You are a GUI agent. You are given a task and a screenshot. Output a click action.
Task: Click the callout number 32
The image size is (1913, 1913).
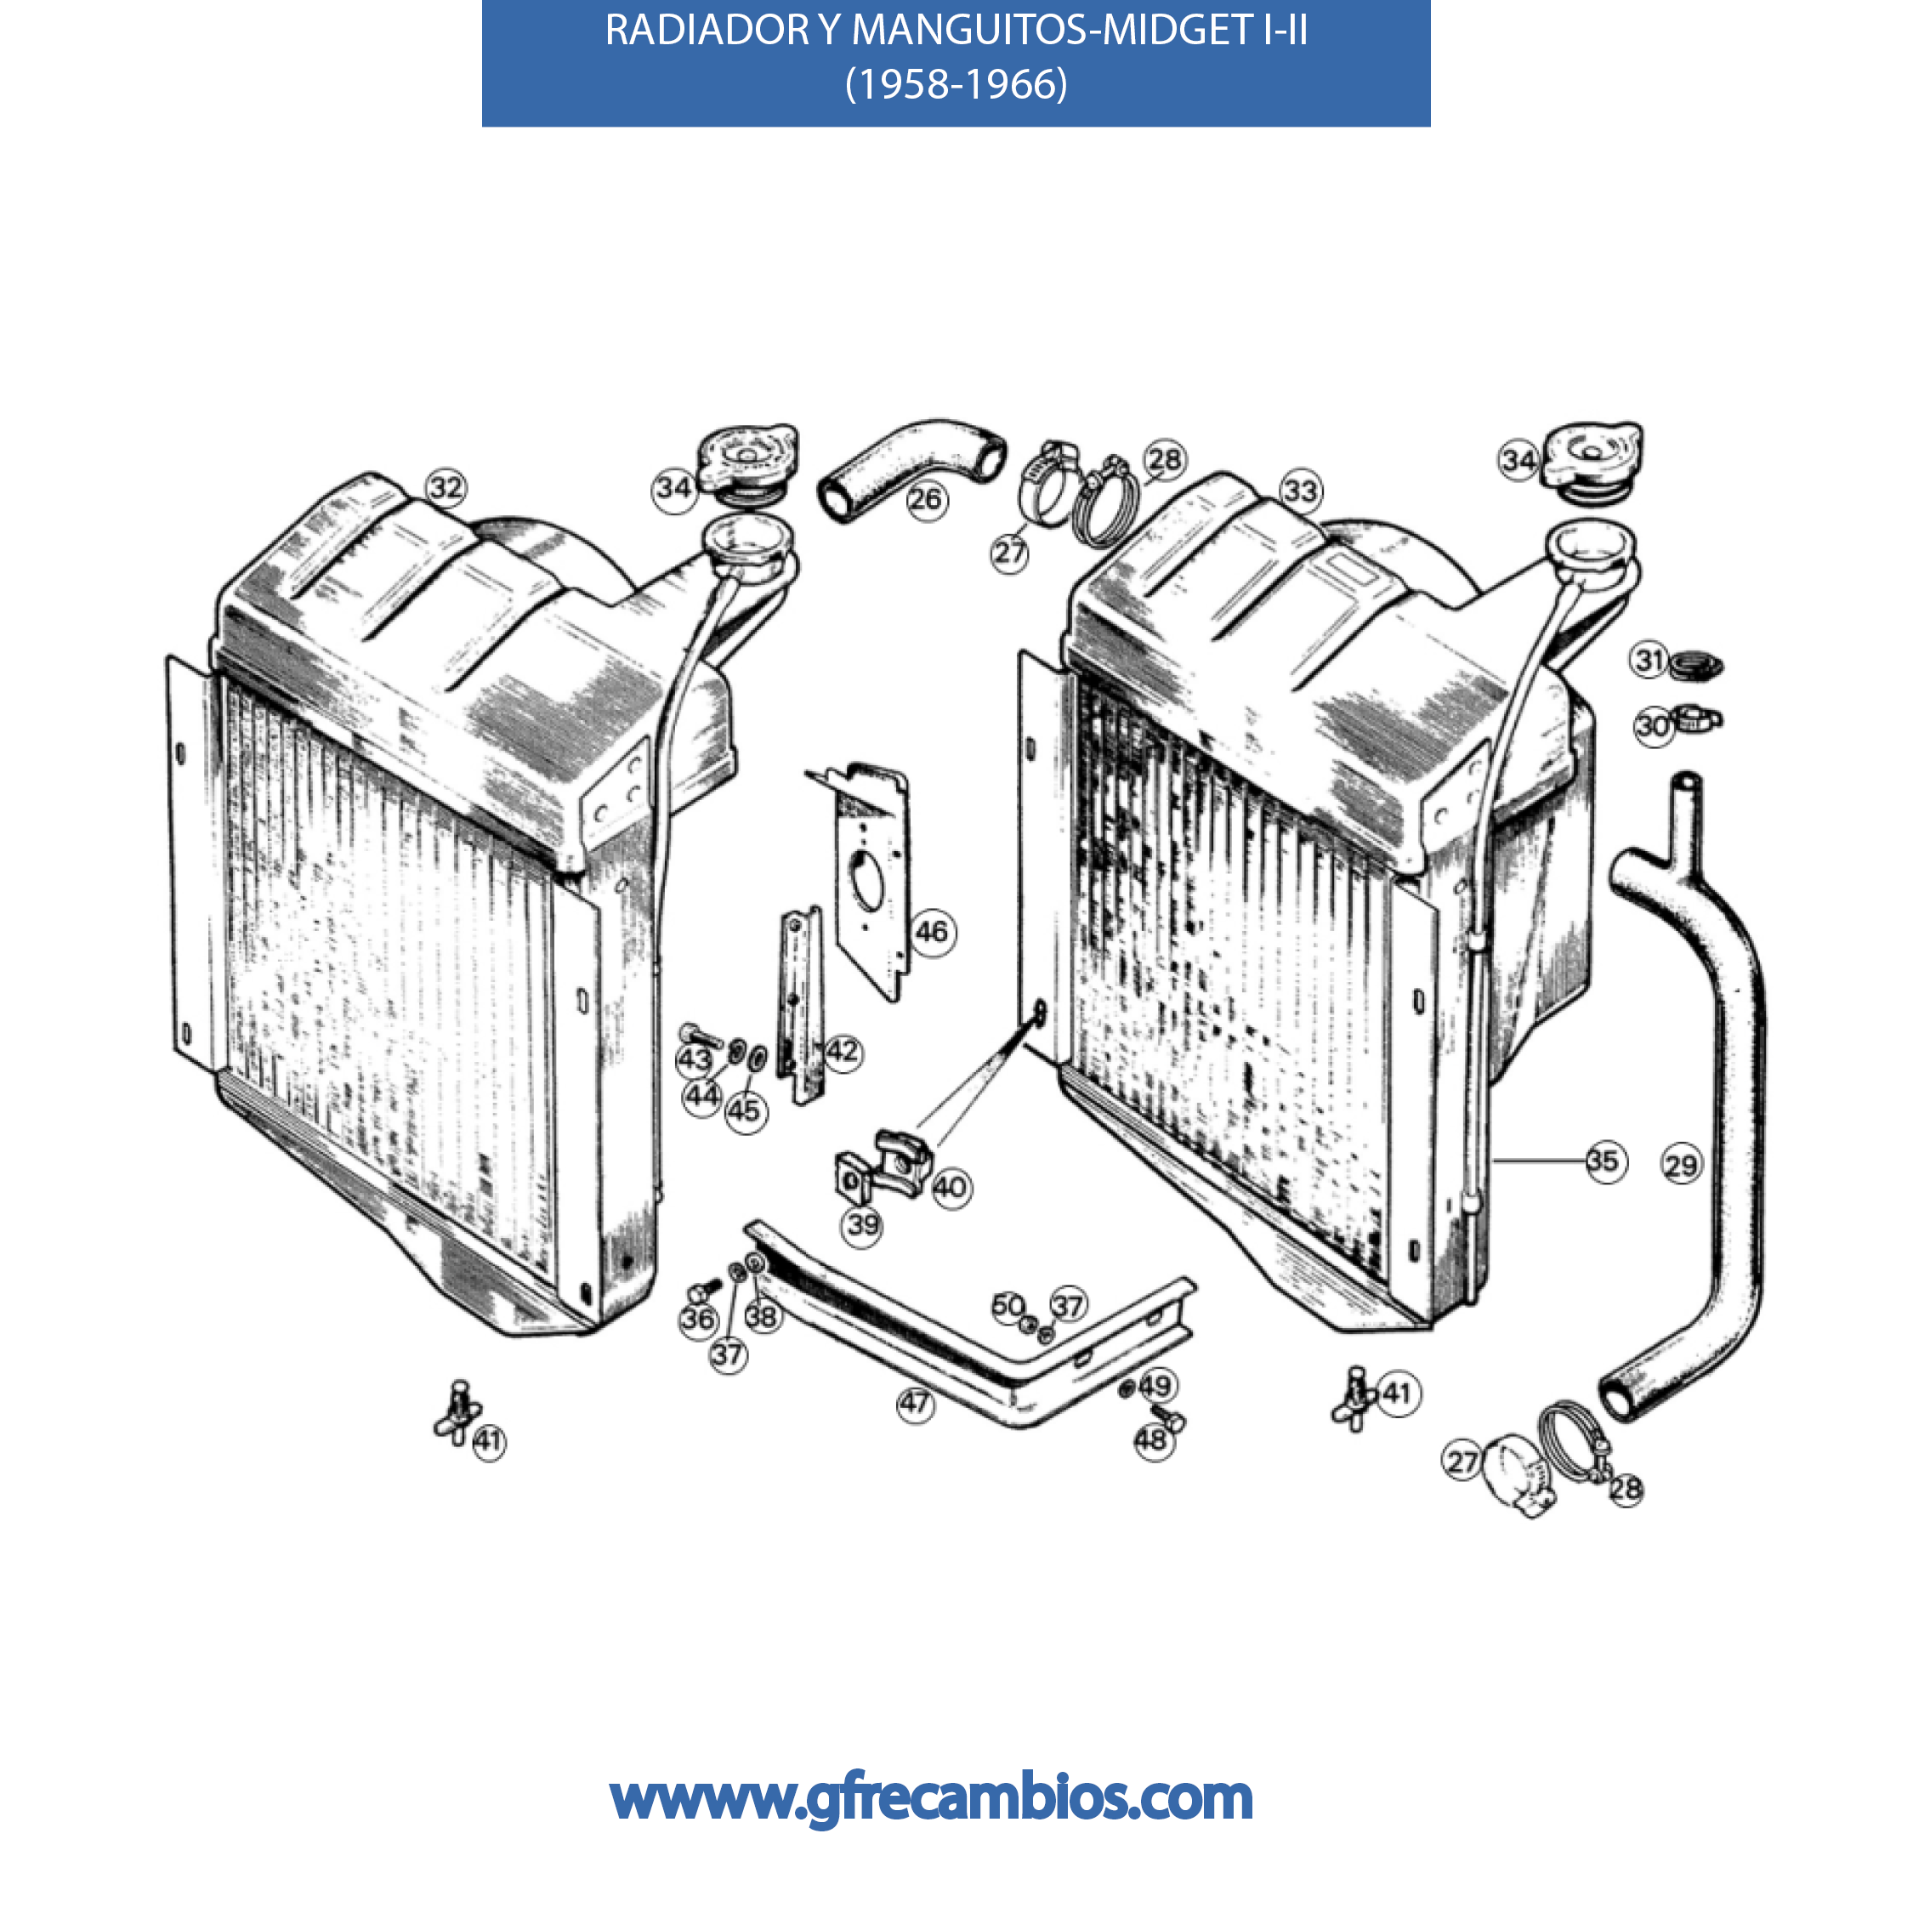[x=446, y=487]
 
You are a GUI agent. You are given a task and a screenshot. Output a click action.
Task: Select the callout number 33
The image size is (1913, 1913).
[x=1301, y=490]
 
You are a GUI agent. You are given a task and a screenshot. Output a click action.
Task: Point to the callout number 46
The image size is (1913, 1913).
[x=932, y=931]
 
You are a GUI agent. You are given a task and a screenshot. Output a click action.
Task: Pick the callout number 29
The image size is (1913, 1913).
[x=1680, y=1165]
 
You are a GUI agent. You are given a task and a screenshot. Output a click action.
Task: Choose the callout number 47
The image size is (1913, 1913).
[x=915, y=1403]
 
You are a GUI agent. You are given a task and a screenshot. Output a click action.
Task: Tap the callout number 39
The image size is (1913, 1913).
[x=862, y=1225]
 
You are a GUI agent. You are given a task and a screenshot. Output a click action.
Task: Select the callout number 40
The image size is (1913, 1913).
[x=951, y=1186]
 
